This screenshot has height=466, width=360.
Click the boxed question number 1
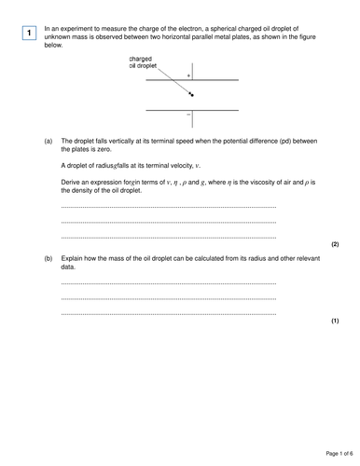(x=30, y=34)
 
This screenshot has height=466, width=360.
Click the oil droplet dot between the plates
(x=192, y=94)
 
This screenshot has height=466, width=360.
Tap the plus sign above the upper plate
(x=189, y=75)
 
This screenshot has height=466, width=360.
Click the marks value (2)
(x=334, y=243)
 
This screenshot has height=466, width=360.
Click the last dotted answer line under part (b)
(x=168, y=313)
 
